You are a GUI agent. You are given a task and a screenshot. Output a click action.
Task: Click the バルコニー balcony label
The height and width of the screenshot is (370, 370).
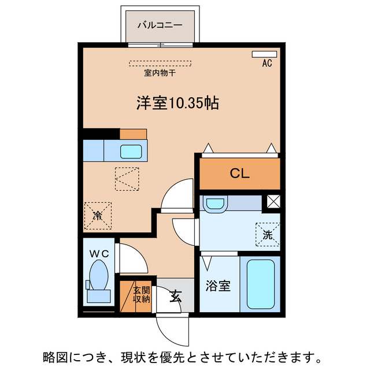[160, 25]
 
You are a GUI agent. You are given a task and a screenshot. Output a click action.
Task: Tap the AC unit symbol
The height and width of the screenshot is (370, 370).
[264, 54]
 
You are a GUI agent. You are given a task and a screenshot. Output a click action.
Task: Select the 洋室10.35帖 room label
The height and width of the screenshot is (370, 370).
[177, 103]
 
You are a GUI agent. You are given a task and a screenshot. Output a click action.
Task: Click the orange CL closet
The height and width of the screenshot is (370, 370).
[240, 173]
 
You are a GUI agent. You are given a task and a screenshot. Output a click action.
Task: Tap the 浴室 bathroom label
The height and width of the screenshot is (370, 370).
[219, 286]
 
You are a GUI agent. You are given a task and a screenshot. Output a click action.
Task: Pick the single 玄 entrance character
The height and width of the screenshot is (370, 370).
[175, 297]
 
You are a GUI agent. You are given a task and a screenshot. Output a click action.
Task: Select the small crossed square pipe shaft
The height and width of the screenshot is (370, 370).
[273, 203]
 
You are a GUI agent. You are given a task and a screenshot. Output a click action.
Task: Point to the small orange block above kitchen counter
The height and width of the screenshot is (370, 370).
[134, 134]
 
